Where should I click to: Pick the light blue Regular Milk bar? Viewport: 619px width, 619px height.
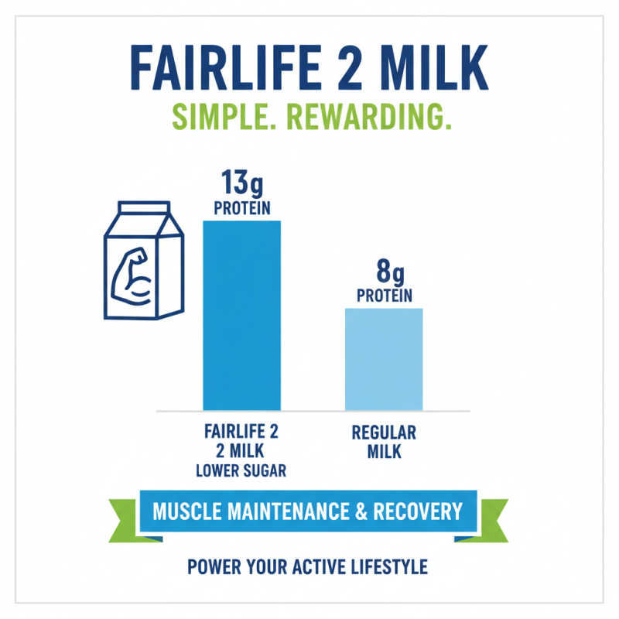384,359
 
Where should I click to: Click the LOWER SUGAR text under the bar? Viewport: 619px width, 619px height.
241,469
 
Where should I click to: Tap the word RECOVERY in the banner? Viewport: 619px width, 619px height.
418,511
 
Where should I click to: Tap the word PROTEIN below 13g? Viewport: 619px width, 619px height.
241,208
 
